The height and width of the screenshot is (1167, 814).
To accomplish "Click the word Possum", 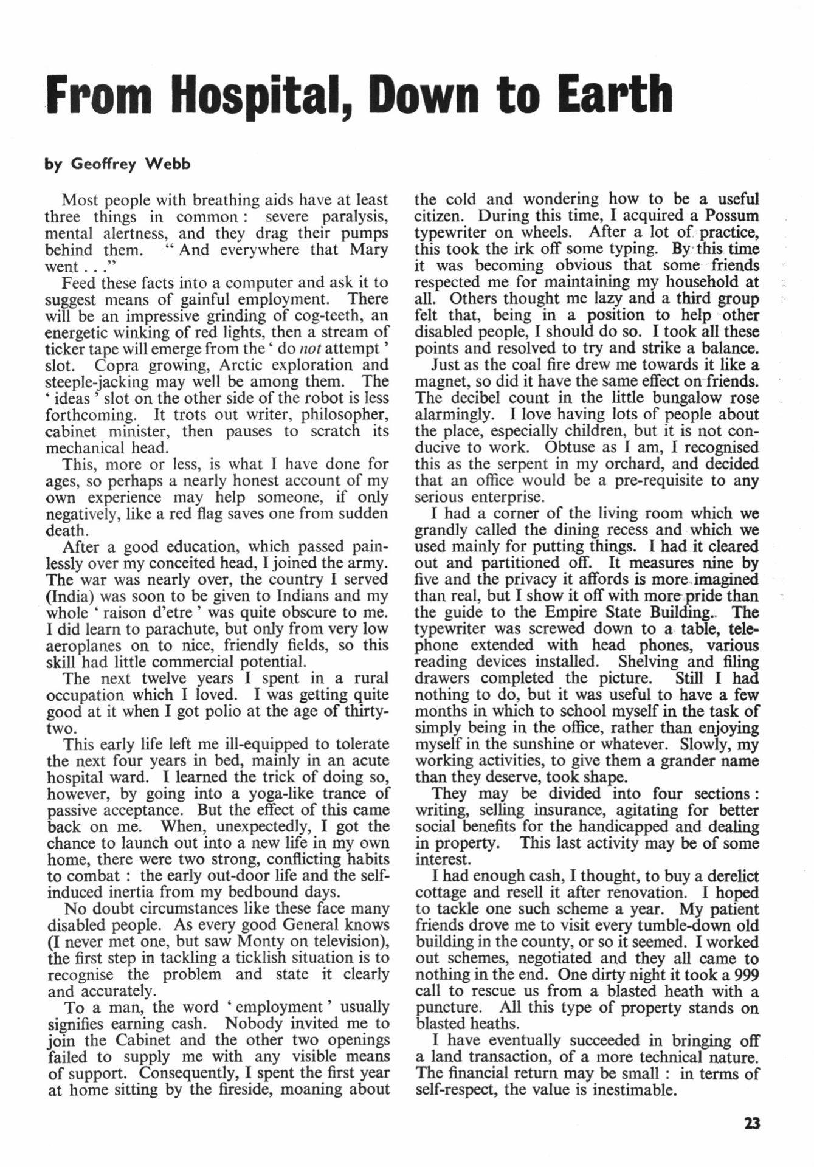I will pyautogui.click(x=732, y=216).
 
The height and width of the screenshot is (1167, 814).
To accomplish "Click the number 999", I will pyautogui.click(x=743, y=975).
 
